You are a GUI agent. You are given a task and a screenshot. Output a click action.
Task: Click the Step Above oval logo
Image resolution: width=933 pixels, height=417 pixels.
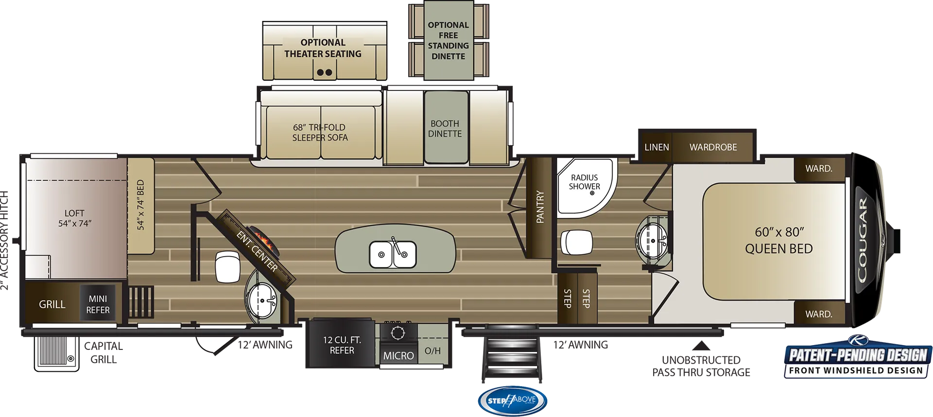point(513,400)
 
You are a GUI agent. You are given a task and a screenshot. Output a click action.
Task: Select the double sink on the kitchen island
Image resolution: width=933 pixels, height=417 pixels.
point(393,254)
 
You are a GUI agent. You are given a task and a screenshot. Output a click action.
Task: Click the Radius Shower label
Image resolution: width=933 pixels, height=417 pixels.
point(585,182)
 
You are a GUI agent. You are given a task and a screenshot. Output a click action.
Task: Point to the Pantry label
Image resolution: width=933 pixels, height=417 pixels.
point(540,207)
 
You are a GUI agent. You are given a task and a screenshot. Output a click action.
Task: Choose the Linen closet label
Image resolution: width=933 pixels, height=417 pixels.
point(657,147)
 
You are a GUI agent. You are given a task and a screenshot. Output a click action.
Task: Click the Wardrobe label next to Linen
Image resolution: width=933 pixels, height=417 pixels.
point(713,147)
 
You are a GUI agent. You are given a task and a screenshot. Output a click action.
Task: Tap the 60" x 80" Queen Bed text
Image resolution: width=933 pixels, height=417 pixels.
point(779,241)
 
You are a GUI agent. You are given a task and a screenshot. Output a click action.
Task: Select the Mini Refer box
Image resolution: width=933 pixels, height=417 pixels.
point(98,304)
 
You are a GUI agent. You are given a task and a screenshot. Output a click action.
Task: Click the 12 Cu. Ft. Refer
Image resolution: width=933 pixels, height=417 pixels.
point(342,344)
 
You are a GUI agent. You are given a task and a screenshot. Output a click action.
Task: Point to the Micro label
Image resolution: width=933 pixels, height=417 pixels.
point(398,356)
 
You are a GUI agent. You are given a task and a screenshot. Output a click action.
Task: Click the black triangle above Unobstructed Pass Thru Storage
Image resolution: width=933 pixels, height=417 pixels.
point(701,346)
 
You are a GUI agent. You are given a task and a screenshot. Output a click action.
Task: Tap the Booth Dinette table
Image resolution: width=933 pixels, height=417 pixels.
point(446,127)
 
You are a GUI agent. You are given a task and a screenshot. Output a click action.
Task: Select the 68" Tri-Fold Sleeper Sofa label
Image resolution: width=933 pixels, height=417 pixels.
point(320,133)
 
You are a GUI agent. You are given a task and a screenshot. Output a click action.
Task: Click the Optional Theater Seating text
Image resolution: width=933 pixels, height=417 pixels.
point(323,48)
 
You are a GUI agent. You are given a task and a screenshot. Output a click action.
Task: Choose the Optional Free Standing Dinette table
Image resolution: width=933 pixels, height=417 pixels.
point(449,40)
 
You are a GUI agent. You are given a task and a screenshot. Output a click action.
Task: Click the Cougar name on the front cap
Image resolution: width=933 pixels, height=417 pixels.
point(862,240)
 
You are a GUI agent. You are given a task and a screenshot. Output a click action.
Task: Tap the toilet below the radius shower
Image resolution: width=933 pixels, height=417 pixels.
point(577,242)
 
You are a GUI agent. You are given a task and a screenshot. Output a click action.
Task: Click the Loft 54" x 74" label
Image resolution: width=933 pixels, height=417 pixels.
point(74,218)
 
